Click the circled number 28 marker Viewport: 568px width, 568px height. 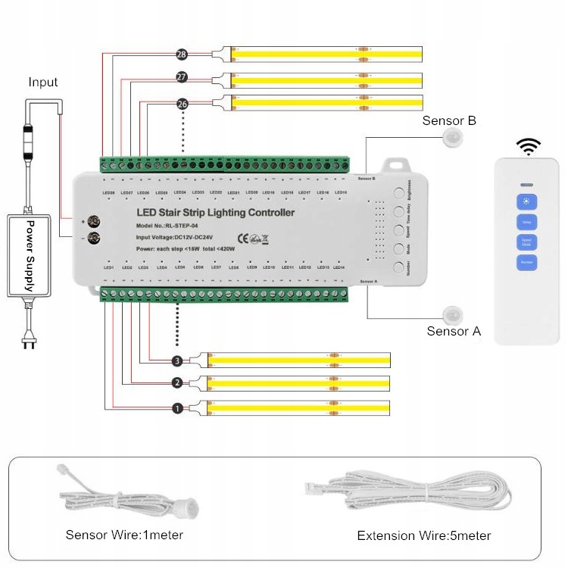pos(181,55)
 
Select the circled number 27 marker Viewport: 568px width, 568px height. pos(181,77)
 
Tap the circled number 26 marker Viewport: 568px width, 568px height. pos(181,103)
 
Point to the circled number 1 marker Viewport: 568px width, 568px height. pos(177,408)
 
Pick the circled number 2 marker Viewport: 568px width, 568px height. pos(177,382)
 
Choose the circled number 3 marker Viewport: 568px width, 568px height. pos(177,360)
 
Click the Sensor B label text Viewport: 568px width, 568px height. pos(449,120)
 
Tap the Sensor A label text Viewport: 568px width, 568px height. pos(454,331)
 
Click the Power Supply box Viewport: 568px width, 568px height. pos(30,255)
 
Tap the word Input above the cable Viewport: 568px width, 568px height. pos(43,82)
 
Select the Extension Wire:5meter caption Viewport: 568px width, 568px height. pos(424,535)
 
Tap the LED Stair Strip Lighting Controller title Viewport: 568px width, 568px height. pos(215,213)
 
